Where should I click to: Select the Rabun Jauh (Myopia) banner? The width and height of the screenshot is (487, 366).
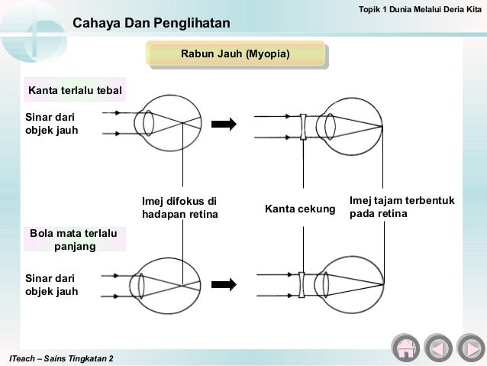pos(234,55)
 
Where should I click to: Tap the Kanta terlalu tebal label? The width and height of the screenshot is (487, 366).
pos(76,92)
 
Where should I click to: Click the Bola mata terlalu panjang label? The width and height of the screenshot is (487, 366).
pos(74,239)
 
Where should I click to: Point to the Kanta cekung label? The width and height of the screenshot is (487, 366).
pos(300,207)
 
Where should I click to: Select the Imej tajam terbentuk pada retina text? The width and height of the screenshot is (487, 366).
pos(402,207)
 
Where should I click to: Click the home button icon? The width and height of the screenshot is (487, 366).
pos(405,348)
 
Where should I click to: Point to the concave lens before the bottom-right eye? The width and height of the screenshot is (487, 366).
pos(302,283)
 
